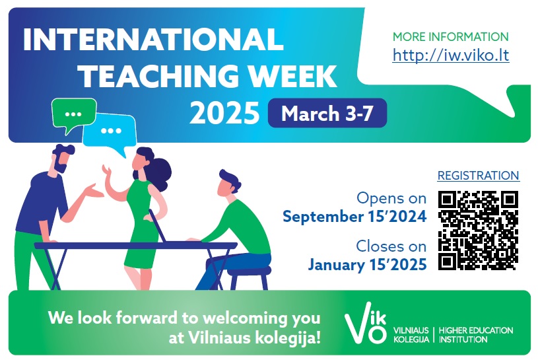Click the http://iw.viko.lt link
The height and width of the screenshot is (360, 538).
pyautogui.click(x=450, y=55)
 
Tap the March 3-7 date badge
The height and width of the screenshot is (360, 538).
pyautogui.click(x=327, y=113)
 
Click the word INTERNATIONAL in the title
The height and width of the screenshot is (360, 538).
pyautogui.click(x=153, y=39)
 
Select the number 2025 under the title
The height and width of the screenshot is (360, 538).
pyautogui.click(x=224, y=113)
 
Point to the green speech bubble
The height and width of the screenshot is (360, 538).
pyautogui.click(x=73, y=114)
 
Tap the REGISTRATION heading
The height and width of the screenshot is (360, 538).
pyautogui.click(x=479, y=175)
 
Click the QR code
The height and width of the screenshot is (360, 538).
pyautogui.click(x=478, y=231)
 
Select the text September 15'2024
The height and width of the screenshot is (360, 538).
pyautogui.click(x=354, y=217)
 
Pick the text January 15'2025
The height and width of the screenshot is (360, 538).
pyautogui.click(x=367, y=265)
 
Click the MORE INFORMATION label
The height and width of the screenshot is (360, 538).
pyautogui.click(x=450, y=37)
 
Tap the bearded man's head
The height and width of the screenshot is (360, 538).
pyautogui.click(x=62, y=159)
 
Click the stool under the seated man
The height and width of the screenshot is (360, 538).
pyautogui.click(x=249, y=277)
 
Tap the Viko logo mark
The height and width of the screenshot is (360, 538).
pyautogui.click(x=366, y=323)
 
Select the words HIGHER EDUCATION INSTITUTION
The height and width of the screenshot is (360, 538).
pyautogui.click(x=476, y=335)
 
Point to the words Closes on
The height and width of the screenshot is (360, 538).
pyautogui.click(x=391, y=246)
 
